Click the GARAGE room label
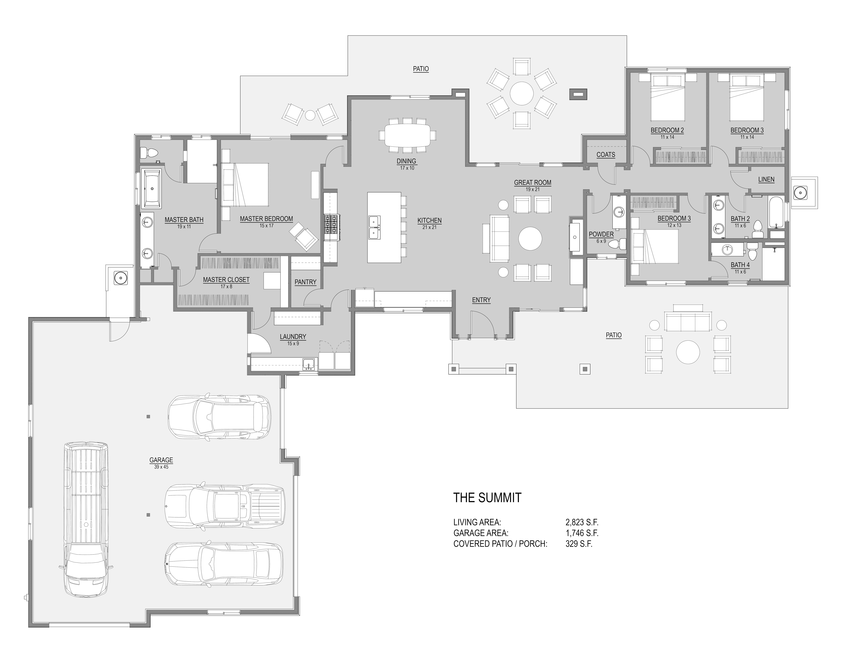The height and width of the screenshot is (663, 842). (161, 460)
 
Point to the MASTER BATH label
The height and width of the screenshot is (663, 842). (184, 220)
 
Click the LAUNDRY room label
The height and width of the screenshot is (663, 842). (293, 337)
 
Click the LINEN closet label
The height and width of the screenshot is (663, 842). (766, 179)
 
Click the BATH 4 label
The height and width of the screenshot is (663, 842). (740, 265)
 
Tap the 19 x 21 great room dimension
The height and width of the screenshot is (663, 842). (532, 189)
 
